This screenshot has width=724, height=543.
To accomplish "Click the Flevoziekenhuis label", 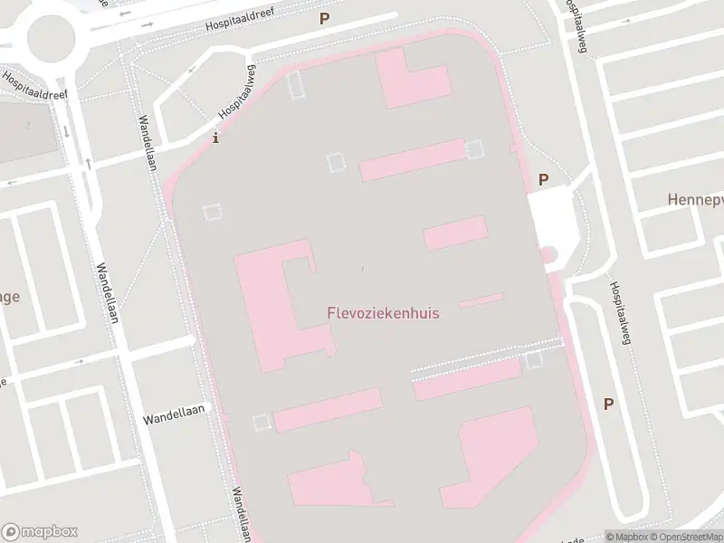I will pos(383,313).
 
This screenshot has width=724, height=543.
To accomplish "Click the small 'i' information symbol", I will pos(214,138).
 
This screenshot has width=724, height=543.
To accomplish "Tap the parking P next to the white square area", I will pos(544,179).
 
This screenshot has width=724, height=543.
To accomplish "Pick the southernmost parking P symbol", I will pos(609,404).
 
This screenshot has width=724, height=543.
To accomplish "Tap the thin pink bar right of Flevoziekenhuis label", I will pos(481,300).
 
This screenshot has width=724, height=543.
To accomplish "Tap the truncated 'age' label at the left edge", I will pos(10,296).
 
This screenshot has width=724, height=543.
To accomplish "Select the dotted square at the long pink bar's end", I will pos(474,148).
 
